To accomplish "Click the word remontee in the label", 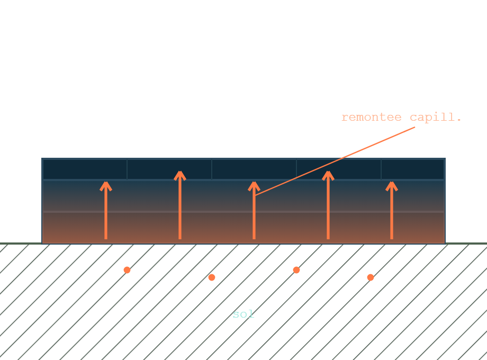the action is click(372, 117).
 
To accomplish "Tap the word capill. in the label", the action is click(436, 118).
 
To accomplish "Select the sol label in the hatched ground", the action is click(243, 314).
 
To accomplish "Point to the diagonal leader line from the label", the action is click(335, 161).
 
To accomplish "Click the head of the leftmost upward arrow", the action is click(106, 186).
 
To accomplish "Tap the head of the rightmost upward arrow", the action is click(392, 186).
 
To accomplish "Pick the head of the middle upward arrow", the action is click(254, 186).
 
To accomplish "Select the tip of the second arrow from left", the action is click(180, 171).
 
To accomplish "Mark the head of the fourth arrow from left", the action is click(328, 175).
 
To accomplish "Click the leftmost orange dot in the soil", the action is click(127, 270).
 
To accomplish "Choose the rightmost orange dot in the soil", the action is click(370, 277).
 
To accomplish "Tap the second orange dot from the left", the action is click(212, 277).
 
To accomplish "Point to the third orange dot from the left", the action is click(296, 270).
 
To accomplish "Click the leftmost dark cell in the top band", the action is click(85, 169).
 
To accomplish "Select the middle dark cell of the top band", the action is click(254, 169).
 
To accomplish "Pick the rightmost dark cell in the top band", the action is click(413, 169).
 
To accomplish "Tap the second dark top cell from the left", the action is click(169, 169).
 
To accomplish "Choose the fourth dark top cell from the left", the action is click(339, 169).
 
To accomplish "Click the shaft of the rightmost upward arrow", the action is click(392, 213).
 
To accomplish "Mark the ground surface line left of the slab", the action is click(21, 244).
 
